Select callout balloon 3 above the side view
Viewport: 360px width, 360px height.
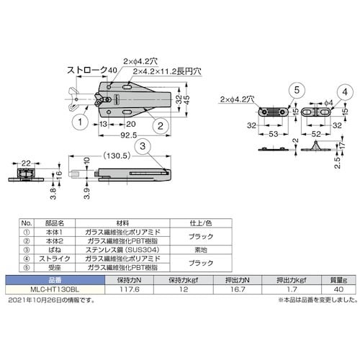(143, 146)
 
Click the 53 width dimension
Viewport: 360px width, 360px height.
(274, 133)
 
